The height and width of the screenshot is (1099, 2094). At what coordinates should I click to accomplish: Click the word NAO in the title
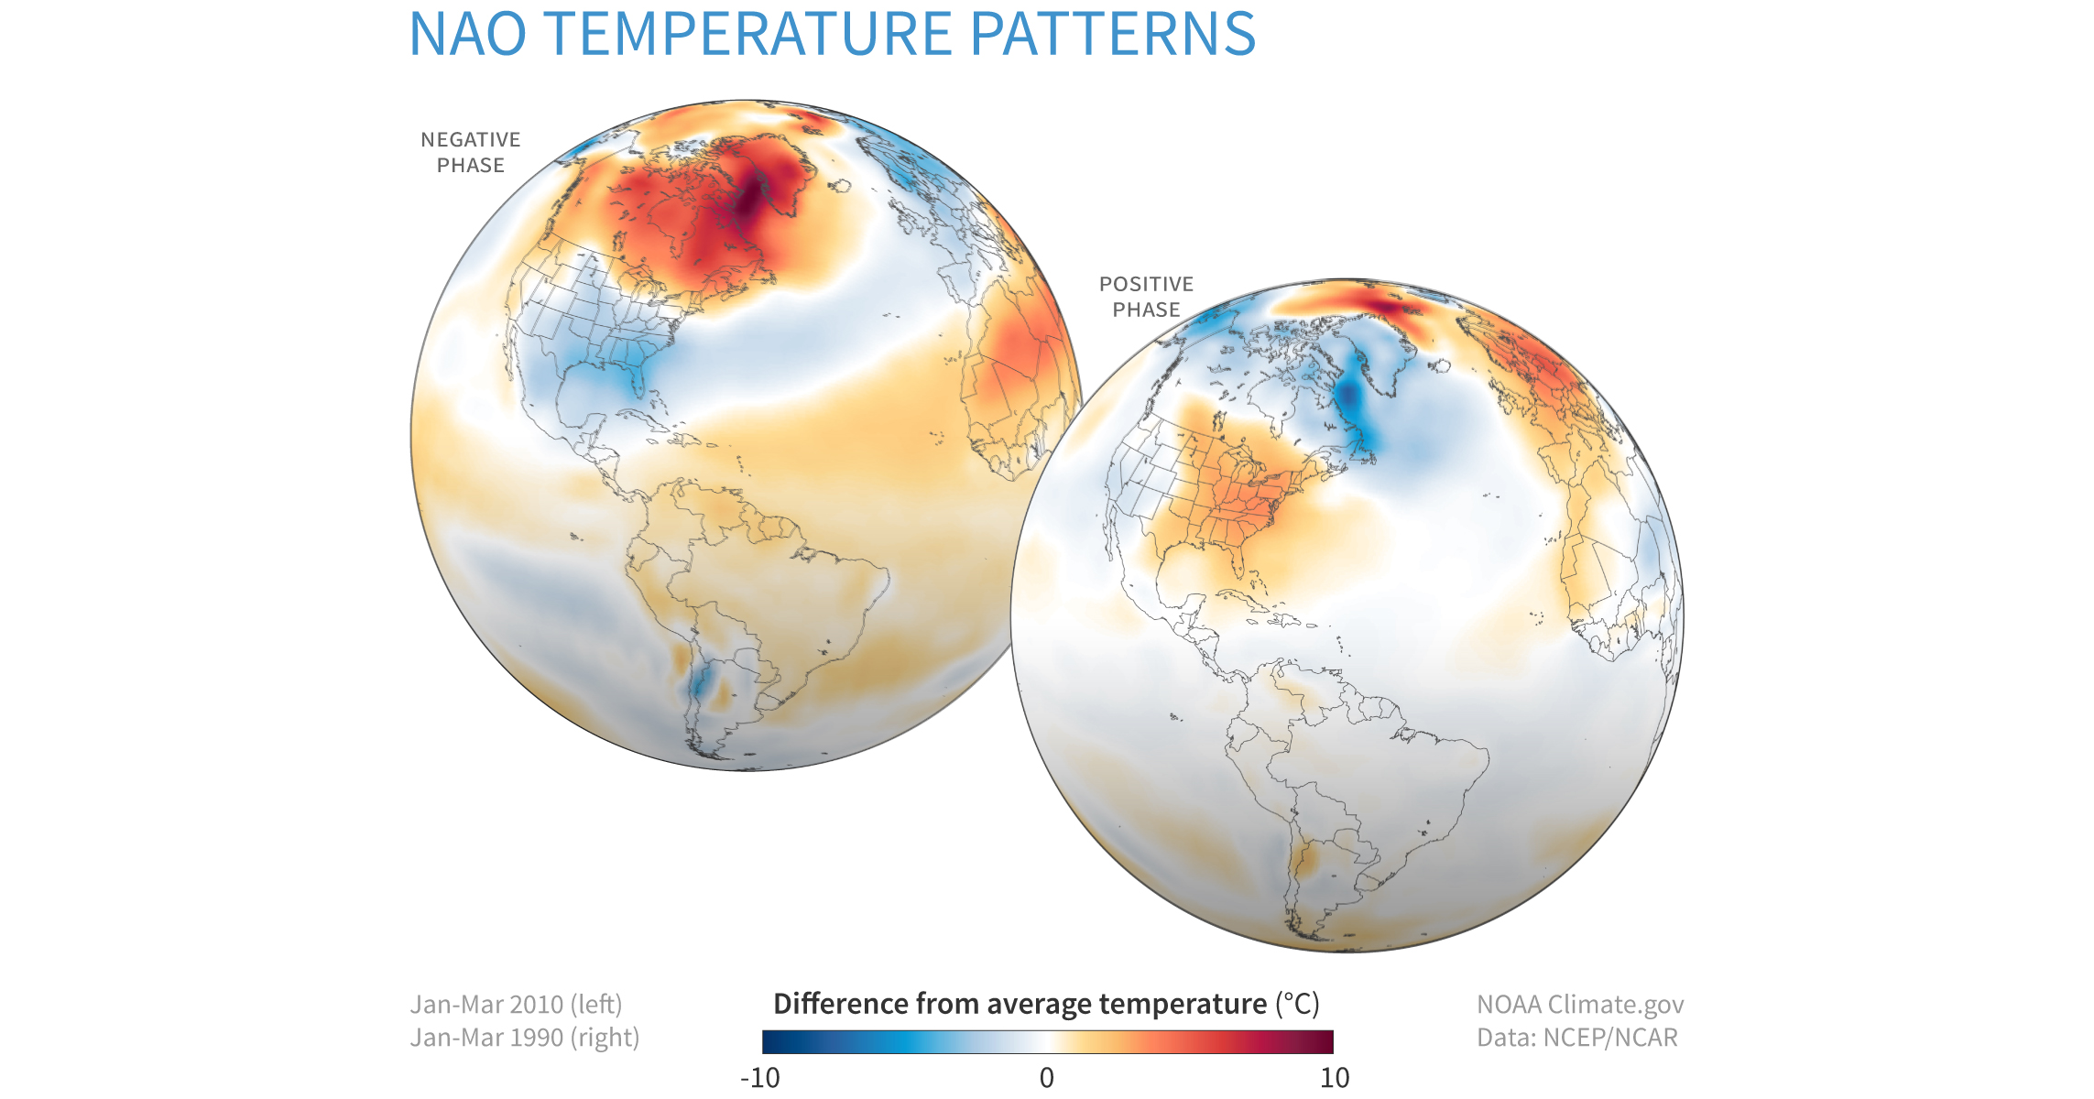467,35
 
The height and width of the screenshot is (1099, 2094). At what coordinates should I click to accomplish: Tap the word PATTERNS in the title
1112,35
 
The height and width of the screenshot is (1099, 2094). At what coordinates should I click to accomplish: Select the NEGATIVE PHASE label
470,152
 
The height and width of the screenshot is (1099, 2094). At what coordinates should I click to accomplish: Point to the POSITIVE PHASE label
1146,297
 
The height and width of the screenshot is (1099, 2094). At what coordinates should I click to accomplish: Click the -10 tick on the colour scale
760,1078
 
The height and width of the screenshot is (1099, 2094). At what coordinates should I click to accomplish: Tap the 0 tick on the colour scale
1047,1078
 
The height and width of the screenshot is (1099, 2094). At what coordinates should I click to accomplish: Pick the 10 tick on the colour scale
1335,1078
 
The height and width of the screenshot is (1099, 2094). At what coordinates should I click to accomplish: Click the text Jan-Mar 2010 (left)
516,1005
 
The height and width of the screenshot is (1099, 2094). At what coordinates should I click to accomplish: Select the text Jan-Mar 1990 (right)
524,1038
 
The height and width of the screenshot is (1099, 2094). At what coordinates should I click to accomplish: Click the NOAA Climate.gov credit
1580,1005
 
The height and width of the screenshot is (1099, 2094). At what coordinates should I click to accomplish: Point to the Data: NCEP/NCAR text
1576,1038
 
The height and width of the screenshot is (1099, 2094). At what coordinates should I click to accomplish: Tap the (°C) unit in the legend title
1297,1004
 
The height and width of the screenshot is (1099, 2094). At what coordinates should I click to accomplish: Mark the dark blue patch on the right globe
1348,398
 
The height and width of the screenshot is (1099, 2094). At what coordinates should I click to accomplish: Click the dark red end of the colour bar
1325,1042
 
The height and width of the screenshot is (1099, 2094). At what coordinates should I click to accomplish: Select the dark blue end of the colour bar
772,1042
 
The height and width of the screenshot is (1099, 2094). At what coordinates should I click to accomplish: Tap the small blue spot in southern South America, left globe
701,682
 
